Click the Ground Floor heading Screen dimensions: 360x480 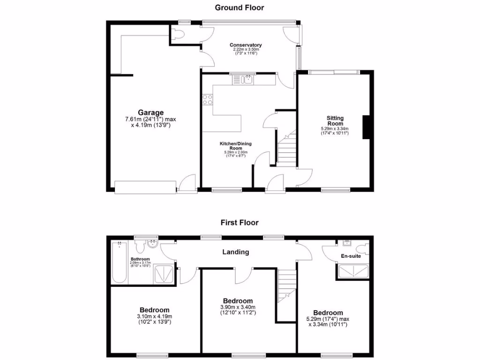pyautogui.click(x=240, y=7)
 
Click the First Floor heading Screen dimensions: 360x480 pyautogui.click(x=240, y=223)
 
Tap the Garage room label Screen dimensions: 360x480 pyautogui.click(x=150, y=112)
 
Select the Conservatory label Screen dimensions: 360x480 pyautogui.click(x=245, y=45)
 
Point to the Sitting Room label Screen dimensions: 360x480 pyautogui.click(x=335, y=120)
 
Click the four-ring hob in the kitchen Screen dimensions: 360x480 pyautogui.click(x=207, y=99)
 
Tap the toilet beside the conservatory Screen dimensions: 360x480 pyautogui.click(x=176, y=34)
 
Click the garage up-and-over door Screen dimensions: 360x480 pyautogui.click(x=145, y=187)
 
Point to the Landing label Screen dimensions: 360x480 pyautogui.click(x=236, y=252)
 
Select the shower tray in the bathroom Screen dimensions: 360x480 pyautogui.click(x=165, y=274)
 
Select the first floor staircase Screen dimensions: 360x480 pyautogui.click(x=286, y=286)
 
